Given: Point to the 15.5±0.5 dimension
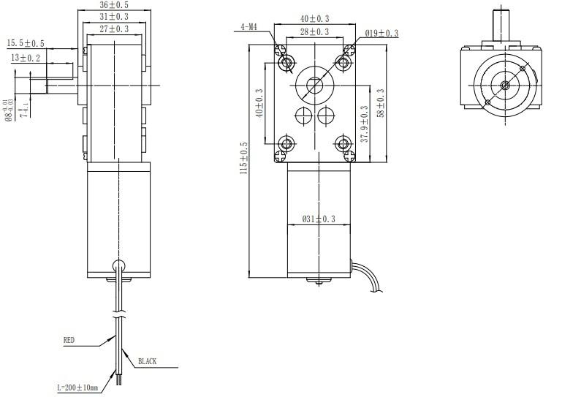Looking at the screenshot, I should (26, 44).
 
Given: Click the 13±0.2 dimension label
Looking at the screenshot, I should (26, 58).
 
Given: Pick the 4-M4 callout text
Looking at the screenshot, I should (248, 27).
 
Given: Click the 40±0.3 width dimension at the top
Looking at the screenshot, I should (314, 18).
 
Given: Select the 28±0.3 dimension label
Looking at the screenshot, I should (314, 31).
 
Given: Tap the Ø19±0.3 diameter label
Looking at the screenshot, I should (381, 34).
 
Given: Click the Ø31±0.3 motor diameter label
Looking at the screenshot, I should (319, 219).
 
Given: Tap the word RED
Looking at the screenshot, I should (69, 340).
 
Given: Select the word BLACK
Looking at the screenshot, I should (147, 362).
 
